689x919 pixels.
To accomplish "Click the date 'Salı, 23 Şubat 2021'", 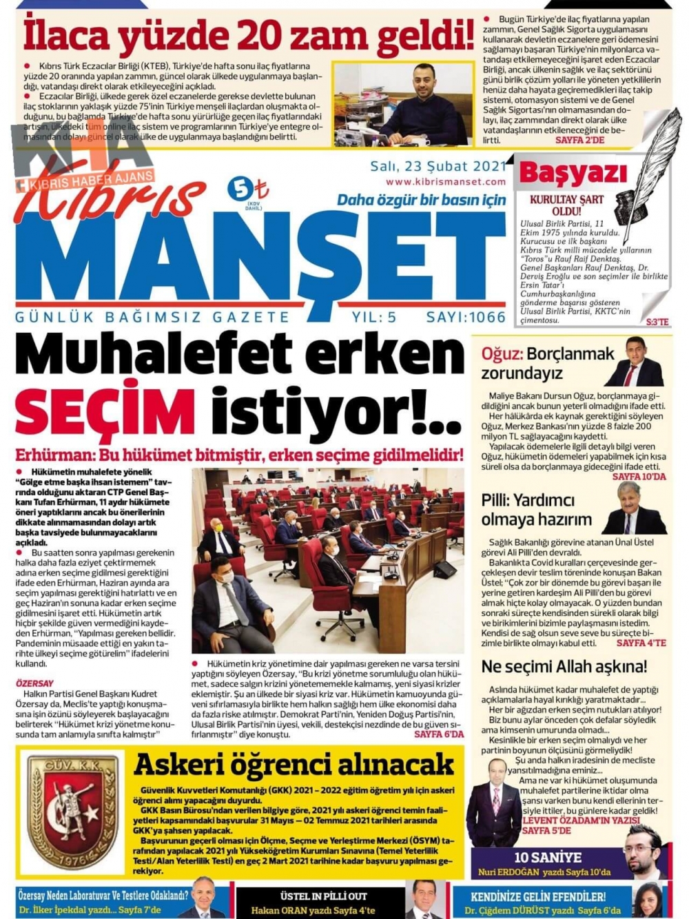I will point(438,166).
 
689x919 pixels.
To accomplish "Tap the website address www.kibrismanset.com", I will point(446,182).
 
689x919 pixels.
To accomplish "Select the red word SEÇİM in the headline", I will point(105,413).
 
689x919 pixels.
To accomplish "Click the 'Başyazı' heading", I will point(573,173).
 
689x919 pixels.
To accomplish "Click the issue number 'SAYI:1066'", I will point(466,317).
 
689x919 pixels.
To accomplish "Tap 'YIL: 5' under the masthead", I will point(374,317).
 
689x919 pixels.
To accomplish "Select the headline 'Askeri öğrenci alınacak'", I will point(294,764).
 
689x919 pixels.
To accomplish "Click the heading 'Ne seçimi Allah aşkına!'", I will point(564,666).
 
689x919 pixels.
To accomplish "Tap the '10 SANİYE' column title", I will point(548,858).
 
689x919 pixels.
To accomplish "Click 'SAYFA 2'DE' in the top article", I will point(579,140).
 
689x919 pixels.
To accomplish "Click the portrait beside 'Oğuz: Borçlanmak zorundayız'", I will point(635,362).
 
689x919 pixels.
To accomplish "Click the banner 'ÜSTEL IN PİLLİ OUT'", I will point(323,896).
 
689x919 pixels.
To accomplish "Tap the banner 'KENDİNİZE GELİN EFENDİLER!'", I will point(537,896).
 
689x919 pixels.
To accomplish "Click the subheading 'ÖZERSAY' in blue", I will point(34,683).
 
